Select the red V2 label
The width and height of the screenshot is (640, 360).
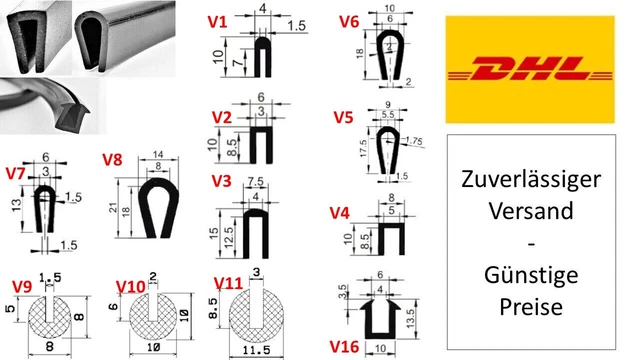222,117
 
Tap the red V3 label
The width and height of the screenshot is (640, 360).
222,181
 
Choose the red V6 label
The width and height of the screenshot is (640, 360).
349,21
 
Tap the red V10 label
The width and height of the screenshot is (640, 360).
129,287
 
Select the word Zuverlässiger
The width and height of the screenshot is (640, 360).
531,181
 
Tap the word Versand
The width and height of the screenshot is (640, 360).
531,211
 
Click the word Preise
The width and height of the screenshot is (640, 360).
531,304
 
